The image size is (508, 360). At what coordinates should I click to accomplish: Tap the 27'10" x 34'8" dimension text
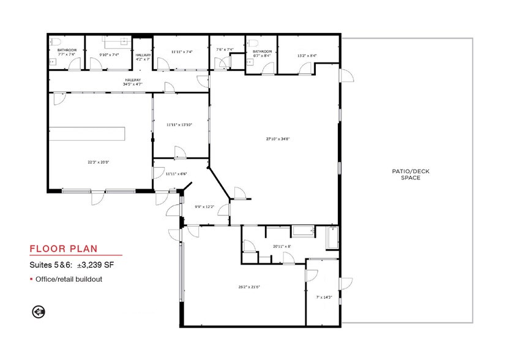tap(277, 139)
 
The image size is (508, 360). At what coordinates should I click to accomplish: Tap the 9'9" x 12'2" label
tap(204, 206)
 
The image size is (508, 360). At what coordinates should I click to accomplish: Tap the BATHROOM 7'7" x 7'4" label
tap(67, 52)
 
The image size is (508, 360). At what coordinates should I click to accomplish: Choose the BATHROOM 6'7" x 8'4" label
tap(261, 54)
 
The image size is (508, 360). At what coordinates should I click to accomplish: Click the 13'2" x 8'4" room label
tap(307, 56)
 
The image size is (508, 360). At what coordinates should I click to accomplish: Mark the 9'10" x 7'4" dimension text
tap(108, 54)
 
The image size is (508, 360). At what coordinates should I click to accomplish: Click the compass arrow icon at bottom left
tap(39, 312)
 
